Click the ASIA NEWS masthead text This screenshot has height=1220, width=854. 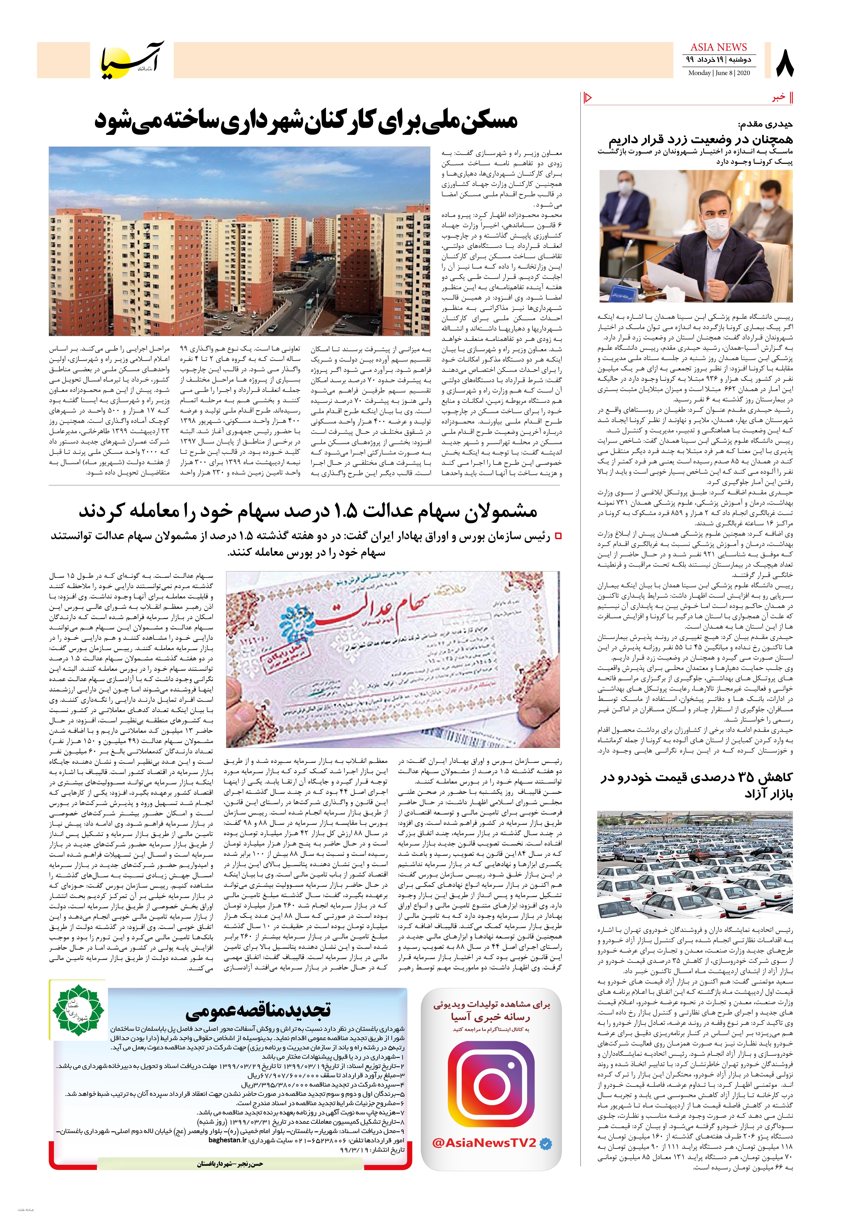click(718, 47)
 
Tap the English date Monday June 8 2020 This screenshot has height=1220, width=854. click(718, 73)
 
